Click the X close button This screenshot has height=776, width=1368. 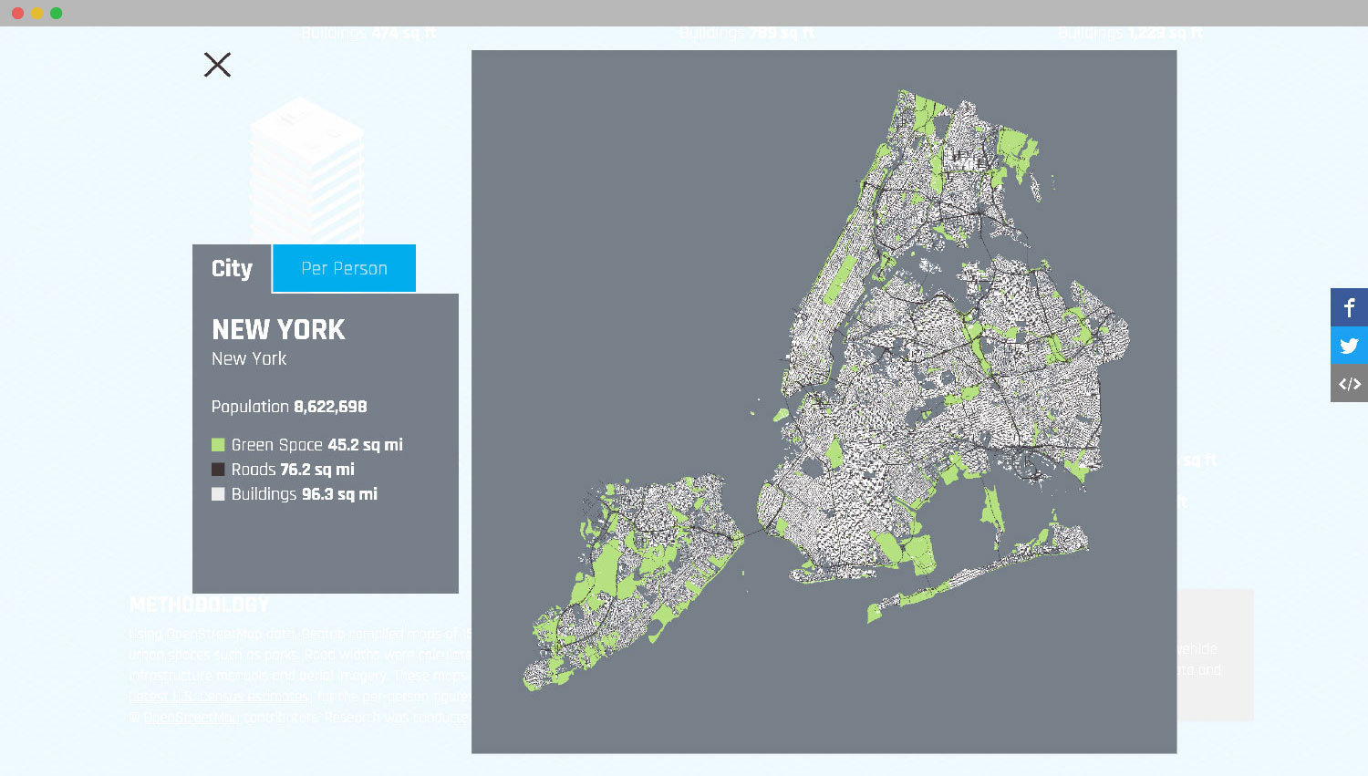click(217, 65)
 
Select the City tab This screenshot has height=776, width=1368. click(232, 269)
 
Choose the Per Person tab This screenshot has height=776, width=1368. click(344, 269)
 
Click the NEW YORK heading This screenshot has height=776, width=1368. click(278, 329)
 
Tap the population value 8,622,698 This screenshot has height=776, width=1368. click(330, 407)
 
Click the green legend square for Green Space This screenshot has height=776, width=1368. click(218, 445)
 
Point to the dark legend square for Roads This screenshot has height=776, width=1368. click(218, 470)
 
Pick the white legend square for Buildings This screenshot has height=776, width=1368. click(218, 494)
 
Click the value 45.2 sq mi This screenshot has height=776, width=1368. click(365, 445)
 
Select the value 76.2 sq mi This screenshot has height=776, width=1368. click(317, 470)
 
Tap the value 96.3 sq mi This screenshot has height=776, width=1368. click(339, 494)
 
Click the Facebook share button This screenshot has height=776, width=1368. click(1349, 307)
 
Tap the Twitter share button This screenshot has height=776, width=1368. click(1349, 346)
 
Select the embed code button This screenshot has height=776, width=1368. click(1349, 384)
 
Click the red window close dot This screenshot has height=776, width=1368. click(17, 13)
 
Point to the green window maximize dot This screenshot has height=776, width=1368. click(57, 13)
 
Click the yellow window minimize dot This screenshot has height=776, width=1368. click(36, 13)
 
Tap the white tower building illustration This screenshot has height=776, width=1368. click(306, 169)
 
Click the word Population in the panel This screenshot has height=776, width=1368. click(250, 407)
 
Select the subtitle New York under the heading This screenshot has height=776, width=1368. click(249, 359)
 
